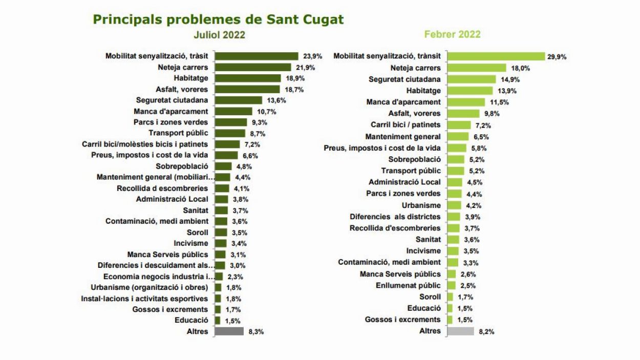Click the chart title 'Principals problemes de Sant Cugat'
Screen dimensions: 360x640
click(x=218, y=19)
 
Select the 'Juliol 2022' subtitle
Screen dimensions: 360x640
click(x=219, y=35)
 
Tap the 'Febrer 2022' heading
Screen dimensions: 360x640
click(x=452, y=34)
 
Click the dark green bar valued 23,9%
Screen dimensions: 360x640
click(x=256, y=56)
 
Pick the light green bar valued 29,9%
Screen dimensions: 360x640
click(x=496, y=56)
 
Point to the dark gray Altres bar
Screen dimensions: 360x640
click(x=229, y=331)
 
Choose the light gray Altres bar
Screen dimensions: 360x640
click(x=460, y=331)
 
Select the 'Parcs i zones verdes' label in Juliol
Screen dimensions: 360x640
click(x=170, y=122)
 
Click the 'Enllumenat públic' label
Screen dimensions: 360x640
click(x=408, y=285)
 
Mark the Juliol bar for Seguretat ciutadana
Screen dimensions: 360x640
click(x=238, y=100)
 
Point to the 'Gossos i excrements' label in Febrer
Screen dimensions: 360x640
click(x=402, y=320)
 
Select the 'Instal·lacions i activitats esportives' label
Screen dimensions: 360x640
click(x=144, y=299)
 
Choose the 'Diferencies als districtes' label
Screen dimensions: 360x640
click(x=395, y=217)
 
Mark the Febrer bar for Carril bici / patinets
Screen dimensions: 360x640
click(x=459, y=125)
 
